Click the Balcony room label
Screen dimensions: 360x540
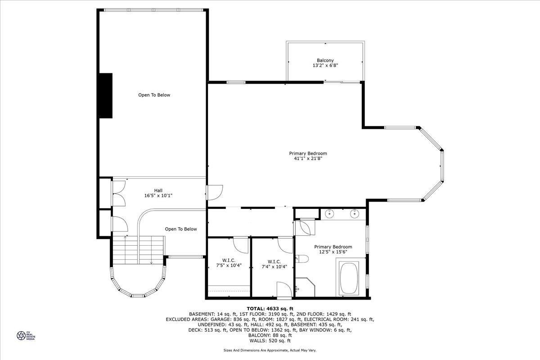coord(325,60)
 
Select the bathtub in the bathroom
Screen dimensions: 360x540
coord(349,279)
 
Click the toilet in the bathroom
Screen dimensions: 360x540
coord(302,259)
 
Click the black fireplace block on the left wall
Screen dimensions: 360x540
coord(105,95)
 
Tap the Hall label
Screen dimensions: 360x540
coord(158,190)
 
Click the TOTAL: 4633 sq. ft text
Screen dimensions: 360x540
coord(270,308)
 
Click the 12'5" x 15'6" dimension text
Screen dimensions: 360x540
coord(333,252)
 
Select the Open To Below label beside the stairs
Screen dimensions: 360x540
coord(180,229)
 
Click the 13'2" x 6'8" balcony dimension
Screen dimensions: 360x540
coord(325,65)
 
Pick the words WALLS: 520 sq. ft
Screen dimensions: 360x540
coord(270,341)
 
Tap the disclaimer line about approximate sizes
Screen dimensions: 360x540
coord(270,350)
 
